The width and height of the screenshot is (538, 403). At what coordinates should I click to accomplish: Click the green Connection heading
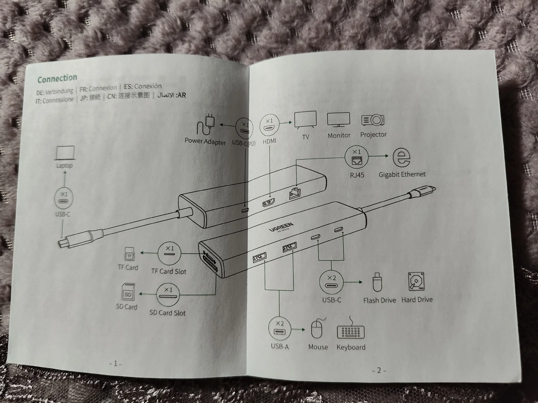[x=57, y=79]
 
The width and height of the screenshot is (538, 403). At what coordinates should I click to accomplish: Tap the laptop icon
[x=65, y=153]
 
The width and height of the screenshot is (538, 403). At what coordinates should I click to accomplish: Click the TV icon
[x=305, y=120]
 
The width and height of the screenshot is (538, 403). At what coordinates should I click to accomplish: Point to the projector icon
[x=373, y=120]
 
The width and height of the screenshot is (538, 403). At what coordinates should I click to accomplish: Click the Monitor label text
[x=339, y=135]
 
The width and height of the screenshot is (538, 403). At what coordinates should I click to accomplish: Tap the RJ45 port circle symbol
[x=356, y=157]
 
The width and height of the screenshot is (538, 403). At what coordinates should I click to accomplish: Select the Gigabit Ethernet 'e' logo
[x=401, y=158]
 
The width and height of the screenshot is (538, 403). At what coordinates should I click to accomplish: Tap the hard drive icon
[x=416, y=281]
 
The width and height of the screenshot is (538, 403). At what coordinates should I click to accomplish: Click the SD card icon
[x=128, y=292]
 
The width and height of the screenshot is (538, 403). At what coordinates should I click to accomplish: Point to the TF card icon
[x=130, y=254]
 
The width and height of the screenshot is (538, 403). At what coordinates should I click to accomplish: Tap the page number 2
[x=379, y=370]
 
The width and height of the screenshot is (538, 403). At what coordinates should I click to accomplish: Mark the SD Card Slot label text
[x=168, y=313]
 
